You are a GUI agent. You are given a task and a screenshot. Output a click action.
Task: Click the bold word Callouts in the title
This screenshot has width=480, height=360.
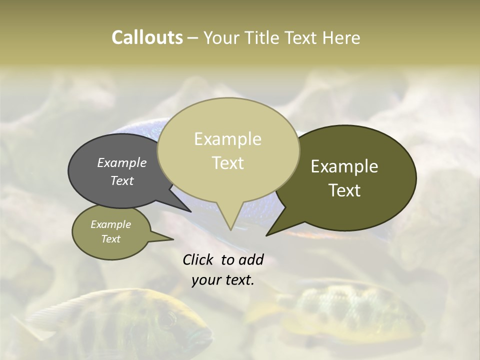coord(147,37)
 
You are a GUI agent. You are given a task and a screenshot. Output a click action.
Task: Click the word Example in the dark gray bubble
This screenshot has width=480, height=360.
coord(122,162)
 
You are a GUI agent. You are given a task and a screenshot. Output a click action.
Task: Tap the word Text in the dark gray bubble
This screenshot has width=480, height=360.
coord(122,180)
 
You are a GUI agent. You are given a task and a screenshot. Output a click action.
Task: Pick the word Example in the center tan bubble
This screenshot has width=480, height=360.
coord(227,139)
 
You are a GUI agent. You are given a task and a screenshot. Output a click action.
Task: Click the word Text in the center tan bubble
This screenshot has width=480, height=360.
coord(227,163)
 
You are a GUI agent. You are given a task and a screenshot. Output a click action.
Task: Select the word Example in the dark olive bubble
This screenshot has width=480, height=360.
coord(344,166)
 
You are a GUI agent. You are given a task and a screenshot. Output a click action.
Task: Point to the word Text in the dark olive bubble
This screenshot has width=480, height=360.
coord(344,190)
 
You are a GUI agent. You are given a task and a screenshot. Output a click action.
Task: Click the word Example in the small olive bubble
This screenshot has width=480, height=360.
coord(111,224)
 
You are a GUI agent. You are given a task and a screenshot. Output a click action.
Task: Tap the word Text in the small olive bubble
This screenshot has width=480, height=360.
coord(111,239)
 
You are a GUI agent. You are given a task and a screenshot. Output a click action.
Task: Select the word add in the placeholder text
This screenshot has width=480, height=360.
coord(251,259)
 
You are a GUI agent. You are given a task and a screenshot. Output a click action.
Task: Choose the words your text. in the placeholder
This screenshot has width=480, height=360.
coord(223,280)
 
